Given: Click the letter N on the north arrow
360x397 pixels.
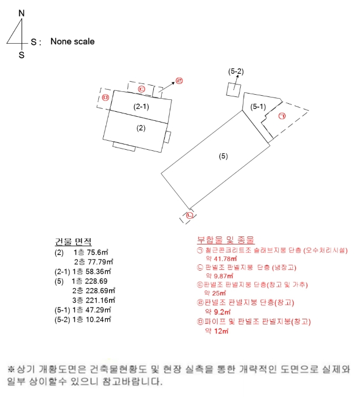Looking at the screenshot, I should point(21,12).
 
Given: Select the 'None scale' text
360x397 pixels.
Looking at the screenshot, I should point(72,41).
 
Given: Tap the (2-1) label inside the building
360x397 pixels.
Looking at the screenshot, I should point(141,106).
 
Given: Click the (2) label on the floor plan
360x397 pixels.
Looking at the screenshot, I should point(141,128).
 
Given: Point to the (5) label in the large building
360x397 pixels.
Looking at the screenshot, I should point(223,156).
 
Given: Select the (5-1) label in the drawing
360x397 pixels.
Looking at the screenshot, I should point(258,106).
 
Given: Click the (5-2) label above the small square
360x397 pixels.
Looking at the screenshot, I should point(236,71).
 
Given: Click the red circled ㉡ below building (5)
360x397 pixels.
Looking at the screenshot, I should point(189,215).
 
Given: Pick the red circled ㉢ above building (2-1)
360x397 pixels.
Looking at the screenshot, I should point(141,89).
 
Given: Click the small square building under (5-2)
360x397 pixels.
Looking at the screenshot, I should point(233,90).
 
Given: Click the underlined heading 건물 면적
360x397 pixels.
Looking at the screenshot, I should point(73,242).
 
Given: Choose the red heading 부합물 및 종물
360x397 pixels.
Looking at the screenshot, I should point(225,240).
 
